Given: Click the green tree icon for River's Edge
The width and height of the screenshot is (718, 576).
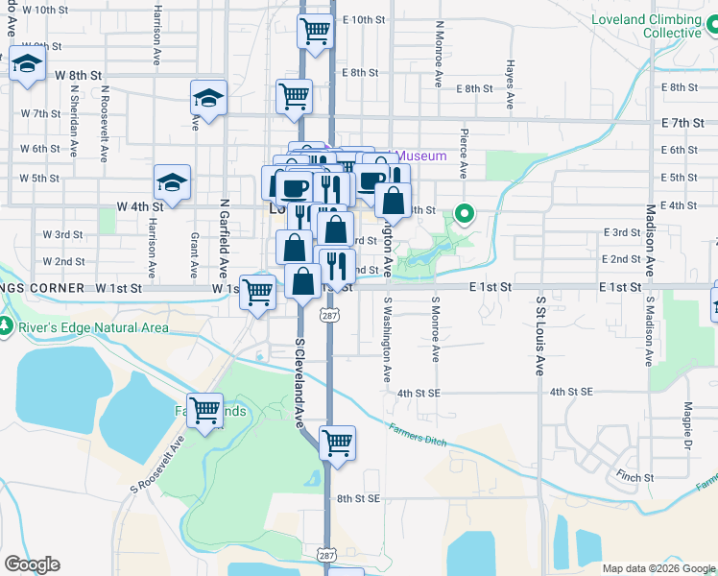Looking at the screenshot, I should [x=6, y=327].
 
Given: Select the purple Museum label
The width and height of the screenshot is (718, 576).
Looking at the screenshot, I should [x=421, y=156].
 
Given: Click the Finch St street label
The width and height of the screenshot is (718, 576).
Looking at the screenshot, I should [x=635, y=476].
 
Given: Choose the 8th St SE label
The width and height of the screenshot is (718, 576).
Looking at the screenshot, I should [x=359, y=498].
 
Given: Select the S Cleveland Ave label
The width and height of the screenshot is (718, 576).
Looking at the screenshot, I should [x=299, y=380].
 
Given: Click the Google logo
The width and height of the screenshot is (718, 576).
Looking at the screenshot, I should [x=32, y=564].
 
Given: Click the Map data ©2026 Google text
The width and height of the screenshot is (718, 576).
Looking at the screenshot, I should [x=658, y=567].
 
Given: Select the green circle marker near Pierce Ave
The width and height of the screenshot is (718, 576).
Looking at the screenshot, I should [x=466, y=213].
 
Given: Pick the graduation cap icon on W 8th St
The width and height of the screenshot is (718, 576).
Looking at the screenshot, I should [x=28, y=65].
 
